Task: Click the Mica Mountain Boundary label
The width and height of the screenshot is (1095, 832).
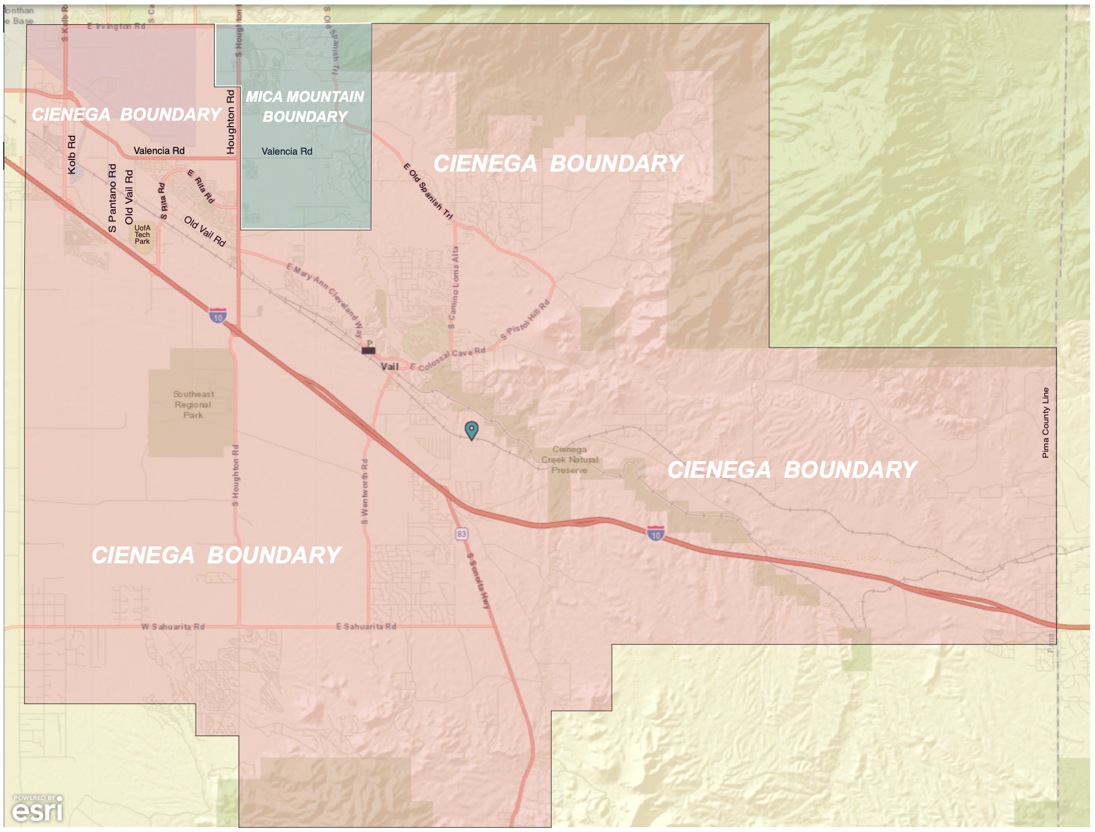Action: point(305,107)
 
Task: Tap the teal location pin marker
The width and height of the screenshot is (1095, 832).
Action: point(471,430)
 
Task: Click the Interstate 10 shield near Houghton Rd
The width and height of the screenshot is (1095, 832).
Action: point(218,315)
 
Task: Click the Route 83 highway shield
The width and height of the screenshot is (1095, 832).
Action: point(462,534)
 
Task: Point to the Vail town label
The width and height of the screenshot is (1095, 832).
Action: point(389,366)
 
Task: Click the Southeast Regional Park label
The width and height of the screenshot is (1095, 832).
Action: point(193,404)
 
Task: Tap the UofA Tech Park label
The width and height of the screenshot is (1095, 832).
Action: point(142,235)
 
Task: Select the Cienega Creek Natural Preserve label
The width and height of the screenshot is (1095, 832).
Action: point(569,460)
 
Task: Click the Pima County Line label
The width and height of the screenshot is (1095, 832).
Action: point(1045,423)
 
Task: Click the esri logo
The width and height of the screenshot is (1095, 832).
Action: point(38,809)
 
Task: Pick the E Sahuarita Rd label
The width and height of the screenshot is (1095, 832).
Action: point(366,626)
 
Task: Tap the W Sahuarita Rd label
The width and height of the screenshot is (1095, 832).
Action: point(173,626)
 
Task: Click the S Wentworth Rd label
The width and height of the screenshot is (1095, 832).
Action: point(364,491)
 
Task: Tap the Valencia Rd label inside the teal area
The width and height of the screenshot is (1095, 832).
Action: point(287,151)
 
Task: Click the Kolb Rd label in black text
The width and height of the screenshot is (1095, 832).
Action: point(72,155)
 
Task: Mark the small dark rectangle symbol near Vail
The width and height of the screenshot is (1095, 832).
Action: point(369,351)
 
